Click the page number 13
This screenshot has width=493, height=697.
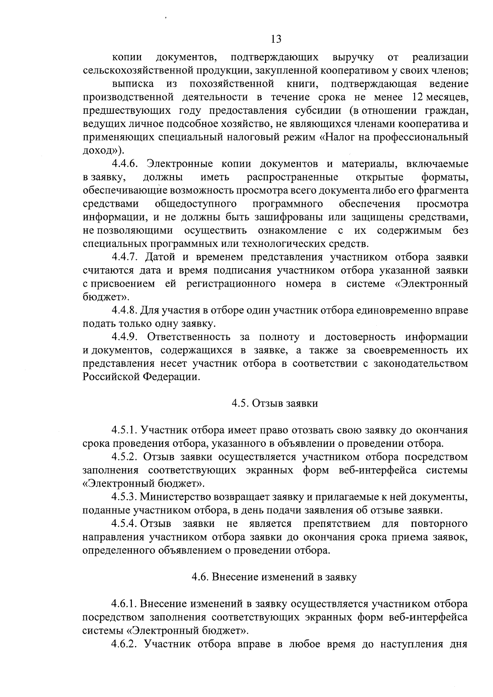point(276,39)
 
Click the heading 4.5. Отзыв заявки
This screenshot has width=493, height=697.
point(275,403)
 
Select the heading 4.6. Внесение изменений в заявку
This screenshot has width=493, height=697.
point(274,577)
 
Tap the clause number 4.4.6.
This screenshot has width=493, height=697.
point(126,164)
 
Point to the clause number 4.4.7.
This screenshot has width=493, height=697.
point(126,257)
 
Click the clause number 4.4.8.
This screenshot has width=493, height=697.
point(125,311)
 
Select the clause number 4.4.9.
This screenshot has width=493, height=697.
point(126,337)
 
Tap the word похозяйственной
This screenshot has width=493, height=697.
point(232,84)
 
